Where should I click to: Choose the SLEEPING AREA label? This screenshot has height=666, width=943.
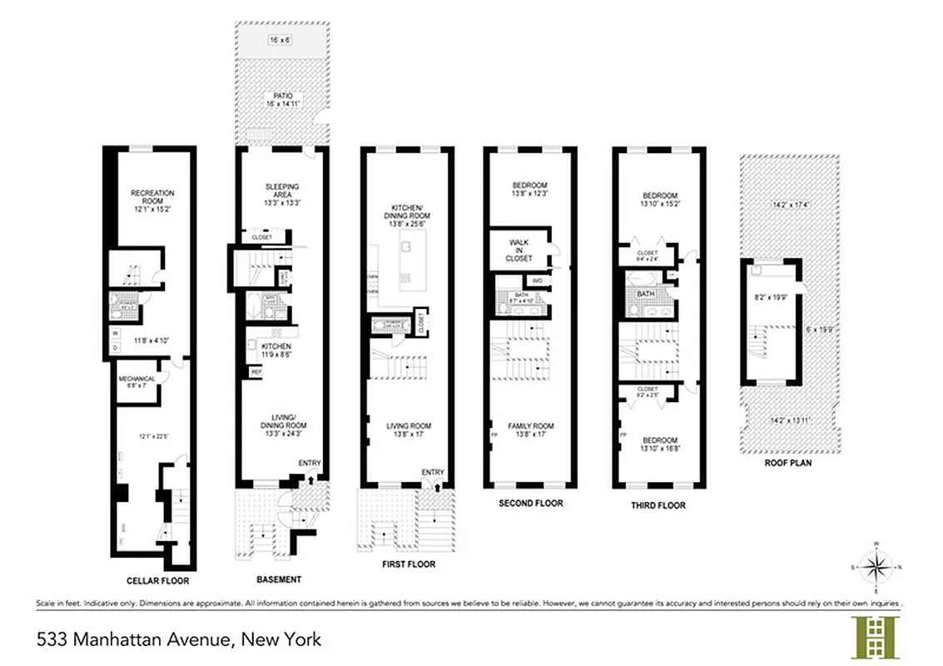pos(281,191)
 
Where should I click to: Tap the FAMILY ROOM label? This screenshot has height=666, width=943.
pos(531,426)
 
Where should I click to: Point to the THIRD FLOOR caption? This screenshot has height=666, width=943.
pos(658,505)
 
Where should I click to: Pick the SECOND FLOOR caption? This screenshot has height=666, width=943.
pos(530,503)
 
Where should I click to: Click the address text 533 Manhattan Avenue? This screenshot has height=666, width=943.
pos(179,639)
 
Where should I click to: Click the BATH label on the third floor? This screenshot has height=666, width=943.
pos(645,294)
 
